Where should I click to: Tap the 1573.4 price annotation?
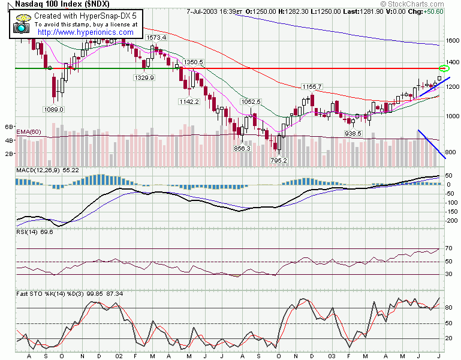point(156,37)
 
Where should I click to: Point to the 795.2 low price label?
point(279,160)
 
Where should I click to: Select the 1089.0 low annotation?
point(53,109)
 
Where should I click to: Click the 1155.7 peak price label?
point(312,86)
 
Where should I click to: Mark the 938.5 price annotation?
point(352,133)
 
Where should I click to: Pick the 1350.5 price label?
point(194,62)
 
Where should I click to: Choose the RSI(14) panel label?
point(21,231)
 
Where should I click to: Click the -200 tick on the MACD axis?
point(451,221)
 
